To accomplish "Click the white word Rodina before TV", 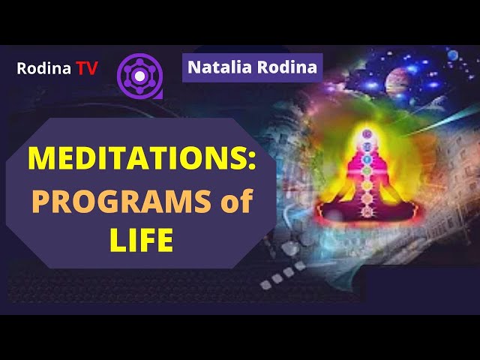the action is click(43, 68).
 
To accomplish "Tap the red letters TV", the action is click(87, 68).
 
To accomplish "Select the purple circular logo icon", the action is click(140, 76).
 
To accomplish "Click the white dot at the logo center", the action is click(139, 76).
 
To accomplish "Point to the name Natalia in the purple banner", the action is click(220, 67).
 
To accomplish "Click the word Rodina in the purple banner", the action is click(287, 67).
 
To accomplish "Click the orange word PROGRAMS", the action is click(121, 201).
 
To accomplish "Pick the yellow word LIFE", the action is click(142, 240).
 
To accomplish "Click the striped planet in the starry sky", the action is click(397, 82).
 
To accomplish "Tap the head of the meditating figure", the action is click(367, 133).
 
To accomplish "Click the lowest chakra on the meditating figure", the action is click(367, 211).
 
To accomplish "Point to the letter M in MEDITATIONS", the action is click(41, 158).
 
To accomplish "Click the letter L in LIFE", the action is click(118, 240).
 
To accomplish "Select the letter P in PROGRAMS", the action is click(40, 201).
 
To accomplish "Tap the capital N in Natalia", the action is click(194, 67).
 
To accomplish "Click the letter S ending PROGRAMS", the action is click(202, 201).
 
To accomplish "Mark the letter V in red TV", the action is click(92, 68).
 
